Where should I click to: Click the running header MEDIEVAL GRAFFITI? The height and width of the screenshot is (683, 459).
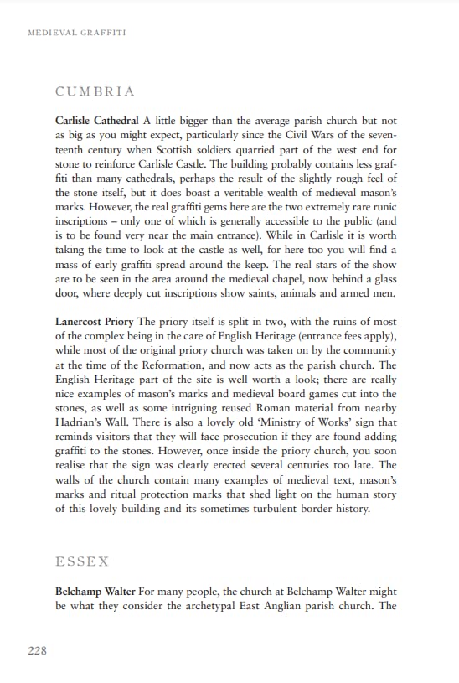click(x=77, y=33)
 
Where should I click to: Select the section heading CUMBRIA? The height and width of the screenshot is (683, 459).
click(x=95, y=91)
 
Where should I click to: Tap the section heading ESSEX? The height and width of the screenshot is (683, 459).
click(x=82, y=561)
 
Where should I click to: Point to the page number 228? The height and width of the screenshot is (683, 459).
click(x=38, y=651)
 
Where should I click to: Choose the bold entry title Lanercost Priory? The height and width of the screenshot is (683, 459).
click(x=95, y=321)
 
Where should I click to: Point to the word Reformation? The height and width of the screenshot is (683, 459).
click(x=183, y=365)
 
